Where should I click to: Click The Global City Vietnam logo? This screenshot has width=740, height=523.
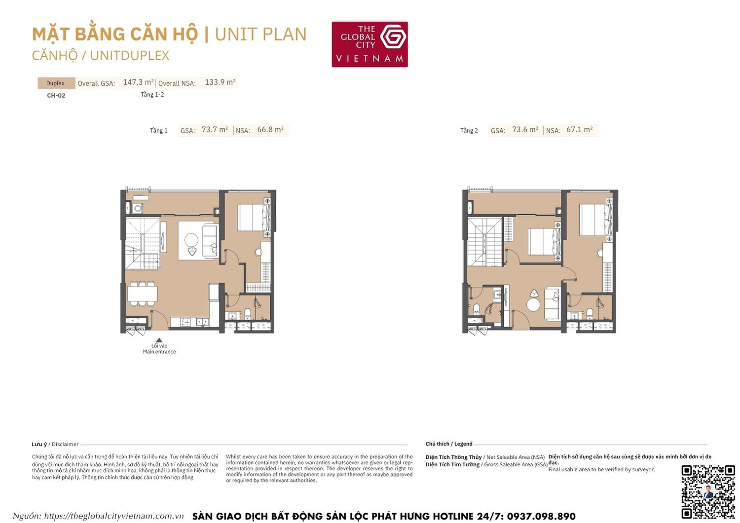click(x=370, y=44)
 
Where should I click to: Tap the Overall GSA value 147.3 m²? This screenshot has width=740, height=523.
click(x=138, y=82)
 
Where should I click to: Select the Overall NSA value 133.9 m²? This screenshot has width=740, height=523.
click(x=220, y=82)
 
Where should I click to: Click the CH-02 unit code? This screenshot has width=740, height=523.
click(x=56, y=95)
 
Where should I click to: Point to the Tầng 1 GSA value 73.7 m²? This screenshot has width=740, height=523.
click(x=215, y=130)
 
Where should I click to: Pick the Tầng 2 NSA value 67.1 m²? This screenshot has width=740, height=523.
click(x=579, y=130)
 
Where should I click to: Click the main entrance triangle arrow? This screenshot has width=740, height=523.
click(x=159, y=340)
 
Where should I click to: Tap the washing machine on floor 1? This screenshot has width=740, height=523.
click(x=138, y=208)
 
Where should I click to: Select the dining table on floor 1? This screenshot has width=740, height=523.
click(x=142, y=294)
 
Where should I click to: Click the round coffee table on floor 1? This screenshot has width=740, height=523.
click(x=191, y=240)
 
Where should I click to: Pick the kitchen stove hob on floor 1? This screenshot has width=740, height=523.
click(x=185, y=322)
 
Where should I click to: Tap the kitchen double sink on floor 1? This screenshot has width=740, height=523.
click(x=202, y=322)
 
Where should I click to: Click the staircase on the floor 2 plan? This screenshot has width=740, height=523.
click(x=484, y=242)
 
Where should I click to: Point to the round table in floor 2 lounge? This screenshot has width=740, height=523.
click(x=533, y=304)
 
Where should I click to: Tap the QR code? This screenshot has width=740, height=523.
click(x=708, y=491)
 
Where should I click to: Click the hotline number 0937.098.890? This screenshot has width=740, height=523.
click(x=541, y=516)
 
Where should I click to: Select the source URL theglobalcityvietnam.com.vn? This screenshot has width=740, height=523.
click(x=113, y=516)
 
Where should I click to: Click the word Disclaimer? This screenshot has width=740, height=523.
click(x=65, y=444)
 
